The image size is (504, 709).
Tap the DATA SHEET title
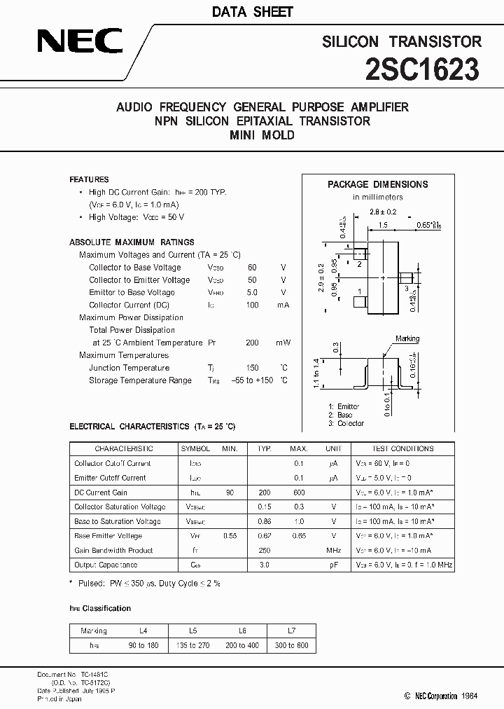[252, 12]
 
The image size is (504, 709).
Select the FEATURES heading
[89, 179]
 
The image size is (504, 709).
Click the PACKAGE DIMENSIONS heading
[377, 184]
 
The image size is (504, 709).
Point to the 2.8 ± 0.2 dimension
[383, 211]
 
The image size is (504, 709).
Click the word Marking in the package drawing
[407, 338]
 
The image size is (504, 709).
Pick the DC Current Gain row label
[101, 493]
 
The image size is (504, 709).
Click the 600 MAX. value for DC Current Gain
[298, 493]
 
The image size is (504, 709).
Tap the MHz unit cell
[333, 551]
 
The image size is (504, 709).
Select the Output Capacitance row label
[106, 565]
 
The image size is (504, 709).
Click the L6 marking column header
[243, 631]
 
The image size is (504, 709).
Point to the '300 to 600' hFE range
[290, 645]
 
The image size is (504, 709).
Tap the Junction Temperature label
[129, 368]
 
